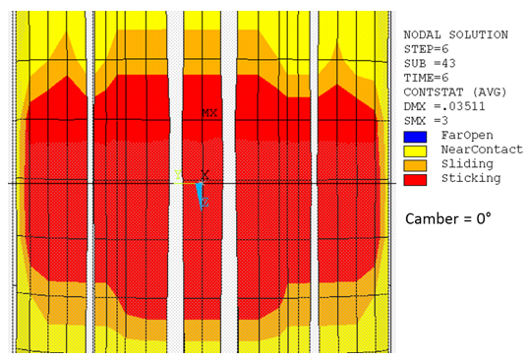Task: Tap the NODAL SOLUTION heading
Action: pyautogui.click(x=455, y=34)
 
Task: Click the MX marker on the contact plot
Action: pyautogui.click(x=209, y=114)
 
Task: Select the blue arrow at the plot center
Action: pyautogui.click(x=199, y=194)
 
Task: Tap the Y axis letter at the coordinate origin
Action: pyautogui.click(x=178, y=175)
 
